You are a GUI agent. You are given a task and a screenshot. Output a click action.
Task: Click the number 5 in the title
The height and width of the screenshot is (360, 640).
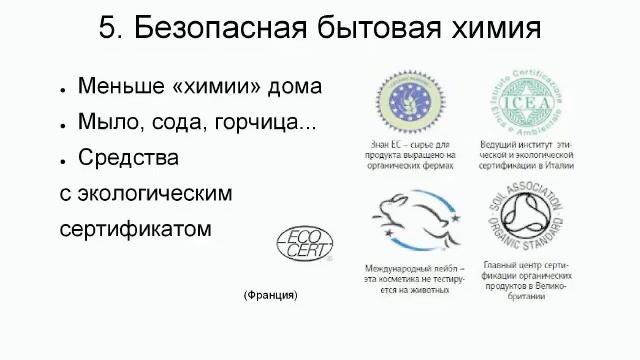(x=107, y=29)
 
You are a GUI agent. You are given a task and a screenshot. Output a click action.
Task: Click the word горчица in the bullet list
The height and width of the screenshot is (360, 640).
(x=262, y=122)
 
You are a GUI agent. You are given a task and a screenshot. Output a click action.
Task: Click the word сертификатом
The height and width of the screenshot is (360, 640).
(x=136, y=227)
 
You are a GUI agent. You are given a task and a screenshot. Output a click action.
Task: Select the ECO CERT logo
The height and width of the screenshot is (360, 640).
(x=305, y=244)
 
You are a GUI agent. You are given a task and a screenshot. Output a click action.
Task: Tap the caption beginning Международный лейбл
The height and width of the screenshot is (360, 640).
(x=412, y=274)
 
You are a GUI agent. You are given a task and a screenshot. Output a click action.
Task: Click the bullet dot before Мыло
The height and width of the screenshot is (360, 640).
(x=63, y=124)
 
